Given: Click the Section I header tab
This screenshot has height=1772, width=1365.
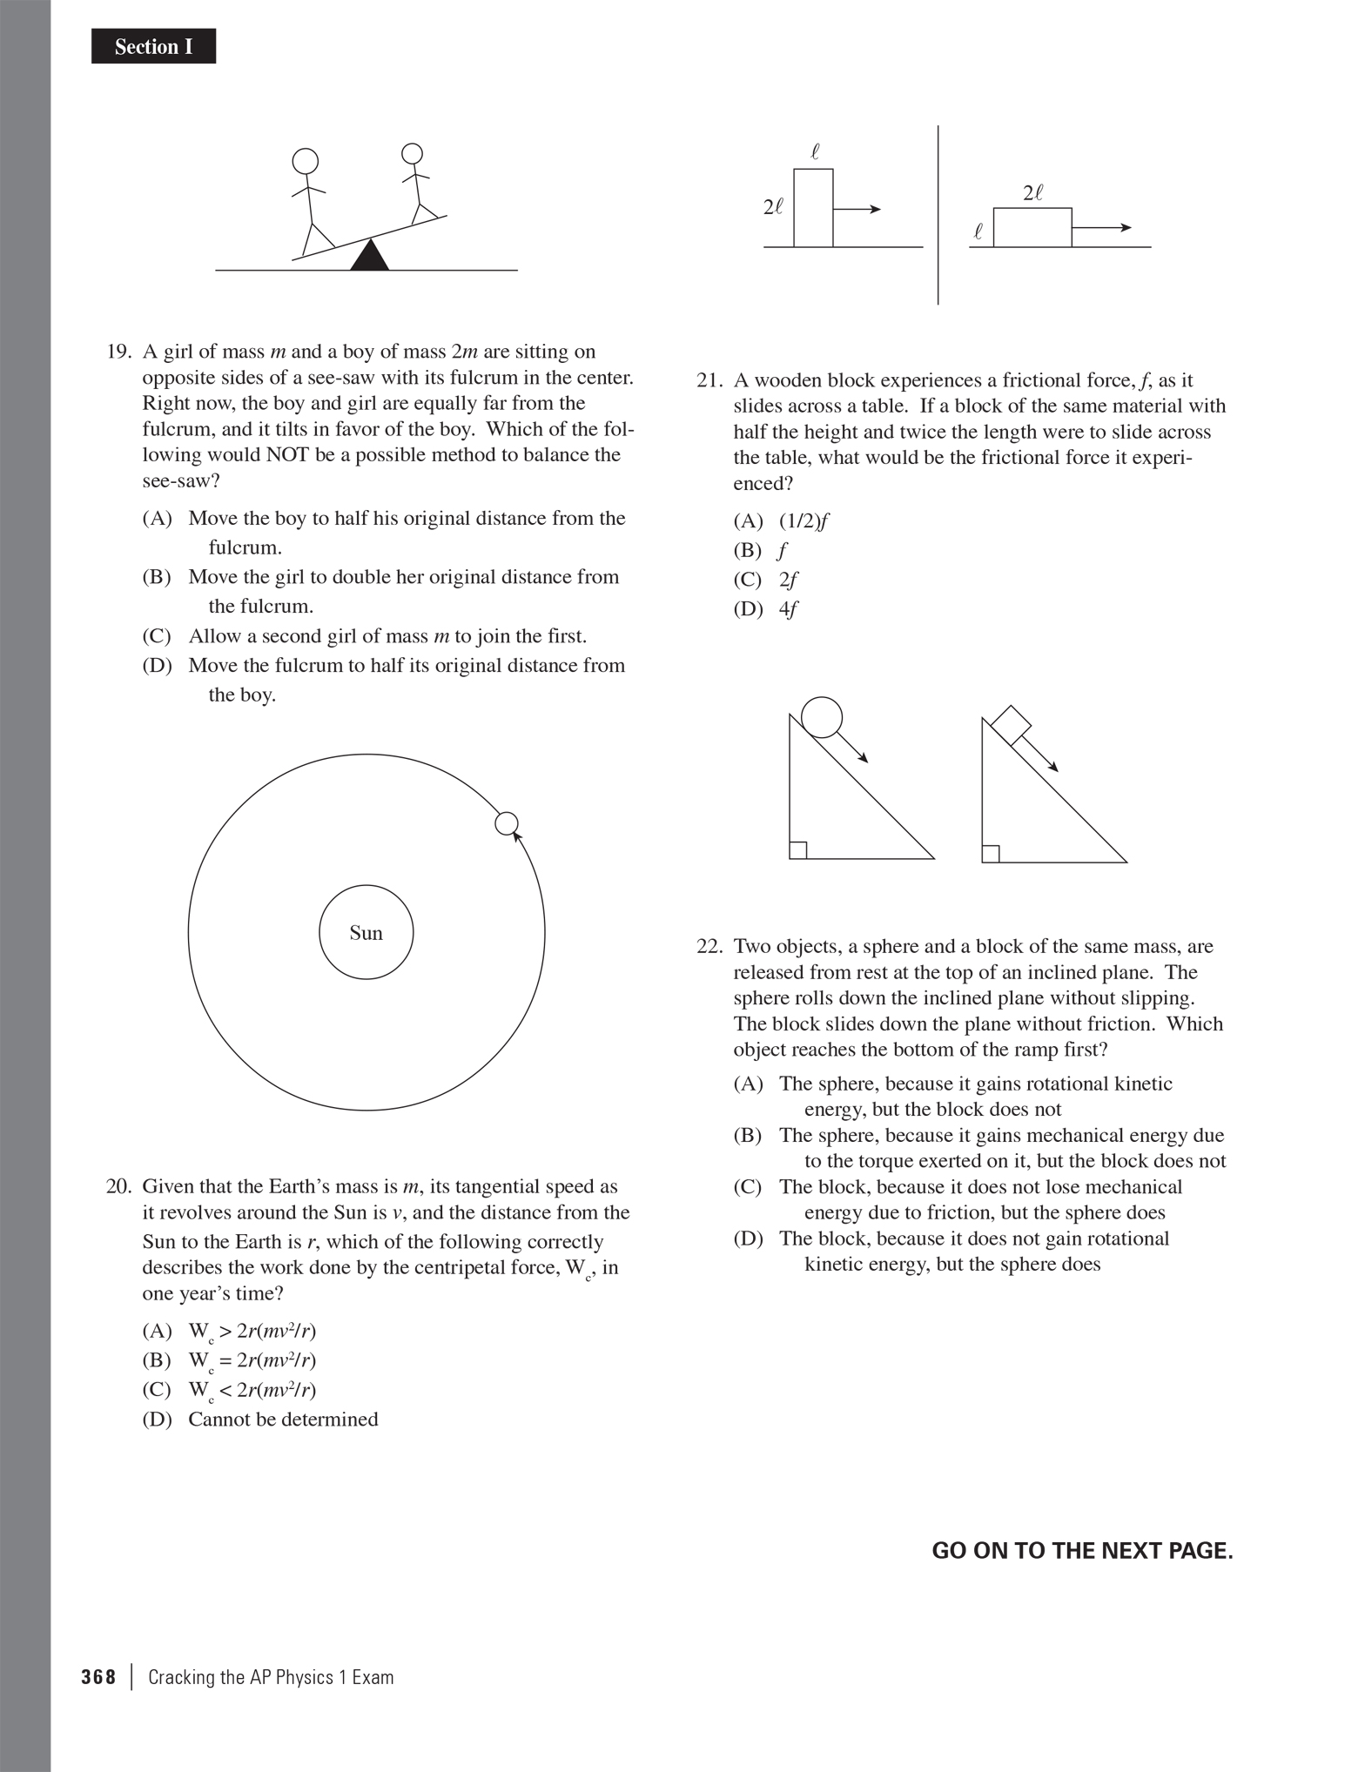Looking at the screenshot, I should click(153, 47).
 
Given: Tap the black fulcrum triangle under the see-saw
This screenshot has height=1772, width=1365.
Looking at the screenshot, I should click(370, 257).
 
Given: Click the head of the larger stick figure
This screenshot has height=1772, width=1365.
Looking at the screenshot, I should click(305, 162).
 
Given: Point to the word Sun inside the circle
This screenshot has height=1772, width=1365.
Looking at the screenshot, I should click(366, 933).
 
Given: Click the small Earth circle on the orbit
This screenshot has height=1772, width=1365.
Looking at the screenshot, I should click(507, 823).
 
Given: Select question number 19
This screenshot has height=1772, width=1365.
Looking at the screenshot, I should click(118, 352).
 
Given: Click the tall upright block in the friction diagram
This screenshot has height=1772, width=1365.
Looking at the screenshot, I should click(813, 208).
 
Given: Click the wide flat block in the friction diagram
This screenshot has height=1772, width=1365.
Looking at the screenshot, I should click(1032, 227).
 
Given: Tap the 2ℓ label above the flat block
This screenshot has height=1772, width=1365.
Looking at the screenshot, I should click(1032, 193).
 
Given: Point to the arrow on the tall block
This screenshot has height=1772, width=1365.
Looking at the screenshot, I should click(857, 209).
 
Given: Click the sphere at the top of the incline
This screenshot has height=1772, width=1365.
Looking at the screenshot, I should click(821, 718).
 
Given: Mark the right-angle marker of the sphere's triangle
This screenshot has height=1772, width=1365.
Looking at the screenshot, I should click(798, 850).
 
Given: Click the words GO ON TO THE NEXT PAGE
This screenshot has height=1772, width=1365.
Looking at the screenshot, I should click(1082, 1551).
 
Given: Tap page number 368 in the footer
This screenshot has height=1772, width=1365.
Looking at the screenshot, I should click(98, 1678).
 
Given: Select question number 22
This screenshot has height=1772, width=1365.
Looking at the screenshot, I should click(709, 947).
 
